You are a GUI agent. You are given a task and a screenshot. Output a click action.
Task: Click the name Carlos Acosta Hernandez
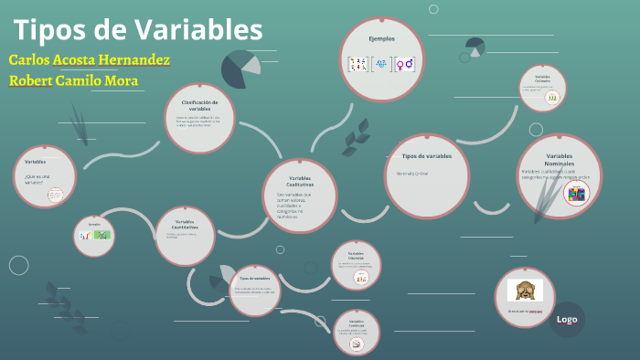[x=89, y=59]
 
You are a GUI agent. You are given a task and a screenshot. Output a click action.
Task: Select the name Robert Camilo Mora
[x=73, y=80]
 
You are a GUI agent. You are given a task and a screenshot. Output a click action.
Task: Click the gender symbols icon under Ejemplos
[x=404, y=64]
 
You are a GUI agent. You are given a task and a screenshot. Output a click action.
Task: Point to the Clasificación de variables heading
[x=200, y=105]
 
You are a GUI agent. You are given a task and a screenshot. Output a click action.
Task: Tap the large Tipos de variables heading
[x=427, y=156]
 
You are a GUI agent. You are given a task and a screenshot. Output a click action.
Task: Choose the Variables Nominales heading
[x=559, y=160]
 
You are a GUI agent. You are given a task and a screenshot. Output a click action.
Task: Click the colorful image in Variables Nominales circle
[x=576, y=194]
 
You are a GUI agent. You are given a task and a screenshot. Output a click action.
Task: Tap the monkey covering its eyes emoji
[x=525, y=291]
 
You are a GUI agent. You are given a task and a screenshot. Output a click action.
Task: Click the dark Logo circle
[x=567, y=319]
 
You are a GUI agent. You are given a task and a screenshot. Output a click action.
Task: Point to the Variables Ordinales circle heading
[x=543, y=79]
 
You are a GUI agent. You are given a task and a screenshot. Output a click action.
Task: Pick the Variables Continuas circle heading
[x=357, y=323]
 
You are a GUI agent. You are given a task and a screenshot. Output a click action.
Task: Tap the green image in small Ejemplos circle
[x=102, y=235]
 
